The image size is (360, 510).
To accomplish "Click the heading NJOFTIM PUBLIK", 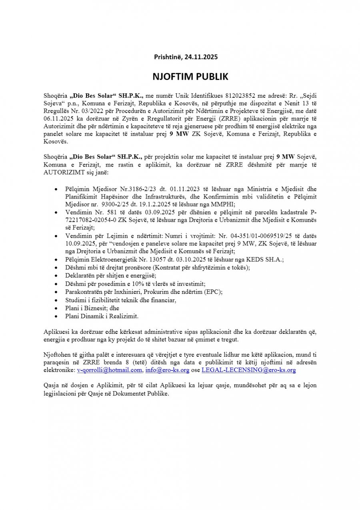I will [180, 76].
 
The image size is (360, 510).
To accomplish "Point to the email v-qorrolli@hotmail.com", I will [110, 370].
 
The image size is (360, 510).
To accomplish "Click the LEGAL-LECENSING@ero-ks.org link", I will [249, 370].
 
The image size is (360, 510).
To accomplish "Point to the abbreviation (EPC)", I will [214, 292].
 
